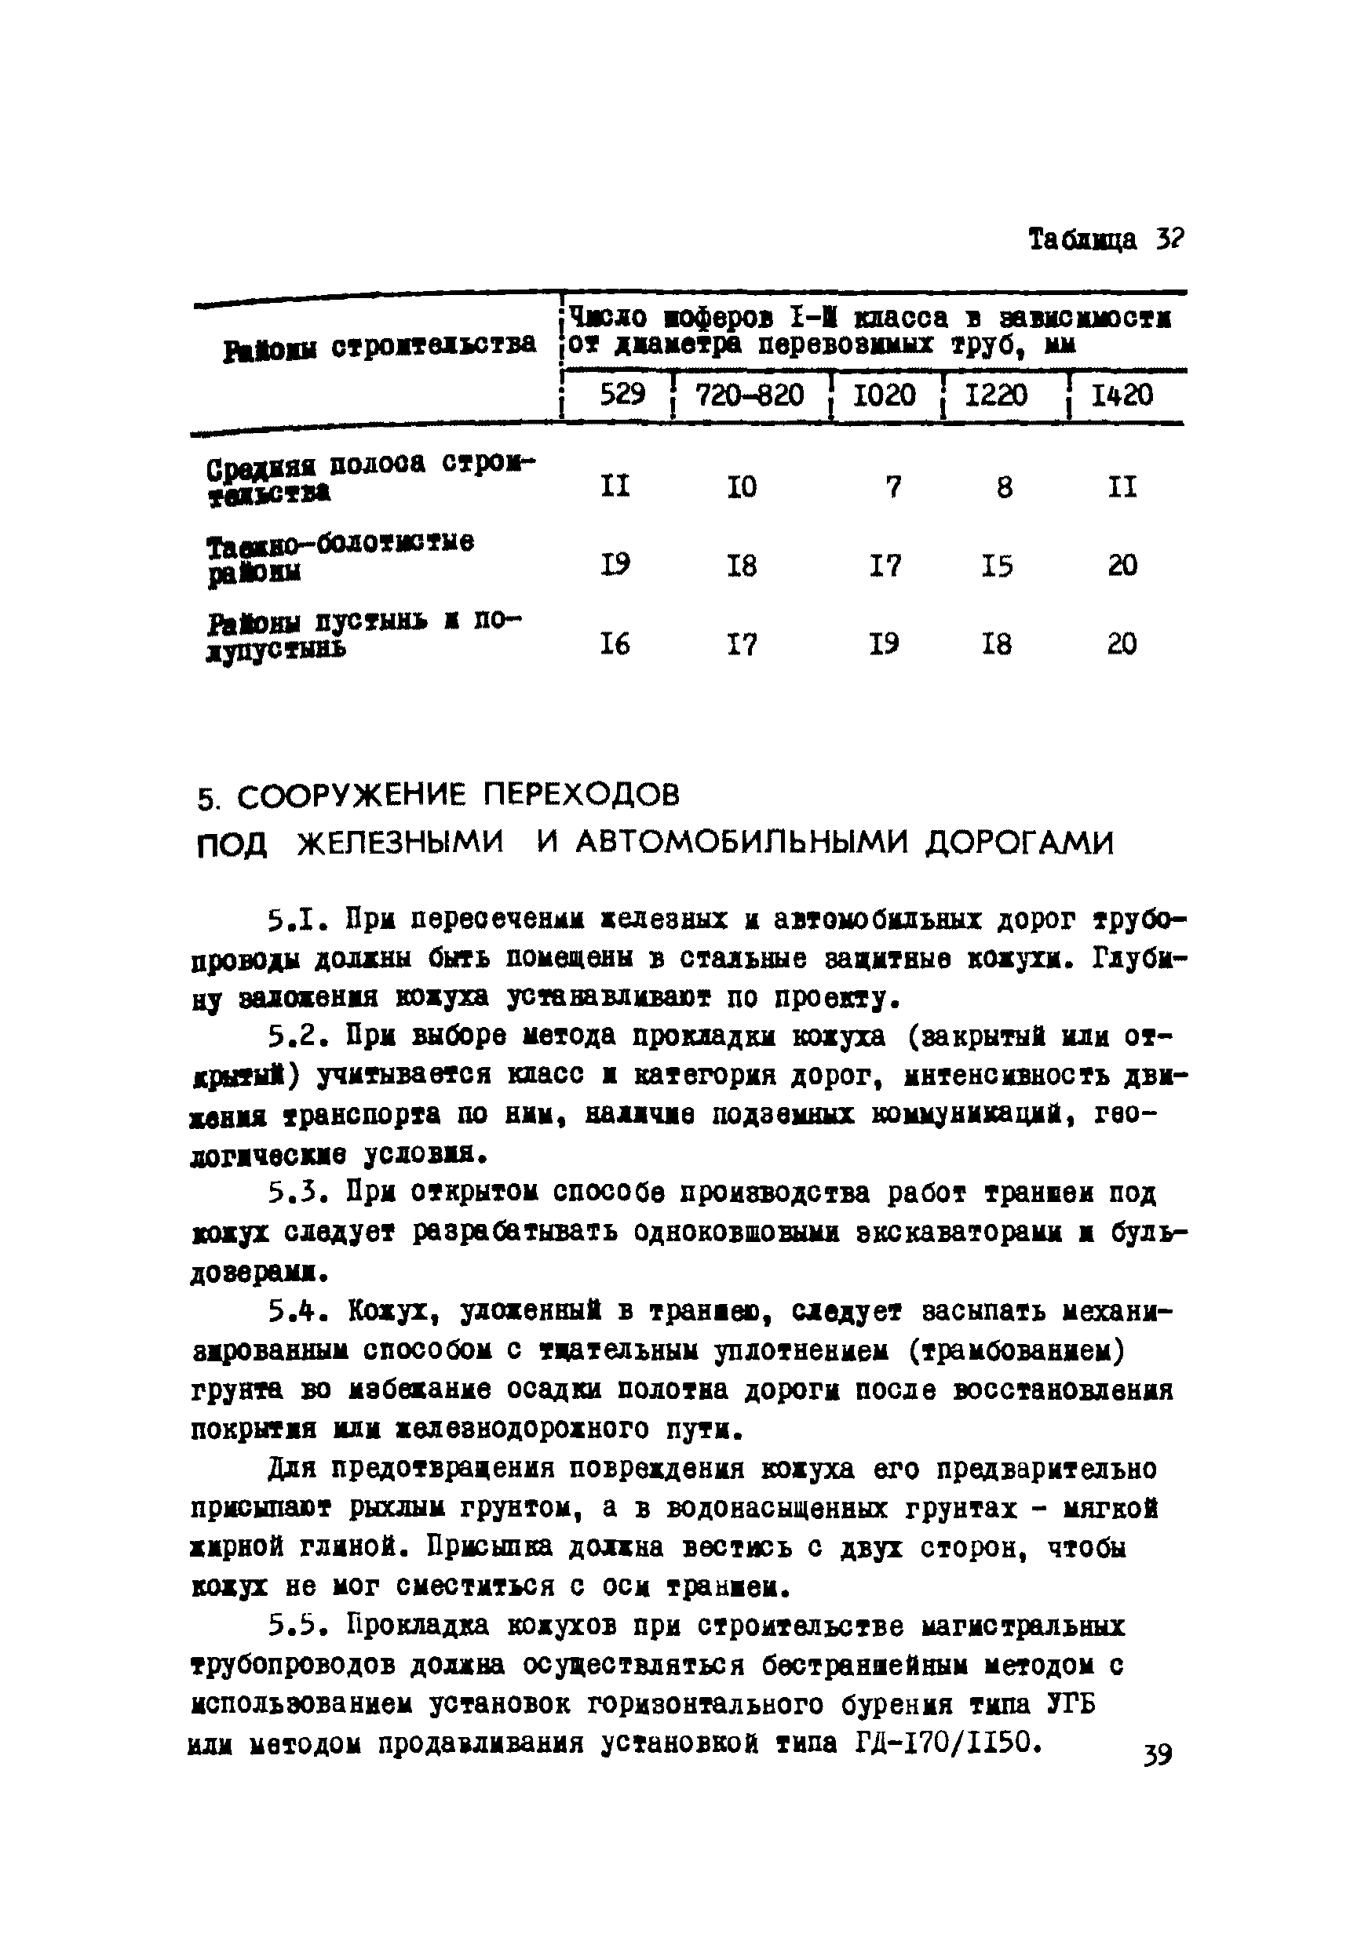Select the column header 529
[x=622, y=394]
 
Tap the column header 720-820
[x=749, y=395]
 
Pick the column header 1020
[x=884, y=395]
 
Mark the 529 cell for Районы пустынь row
[x=615, y=645]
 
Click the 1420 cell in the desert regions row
[x=1122, y=645]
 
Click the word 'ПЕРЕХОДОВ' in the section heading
[x=582, y=795]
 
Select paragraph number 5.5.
[x=297, y=1626]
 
